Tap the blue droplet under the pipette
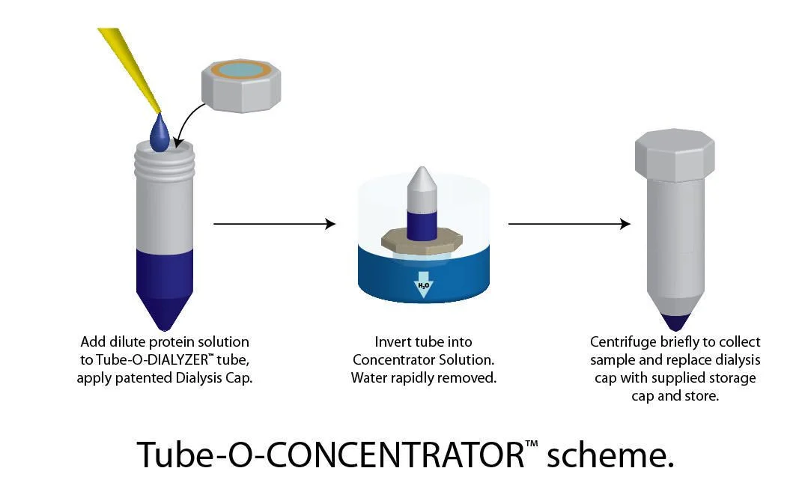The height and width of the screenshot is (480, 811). click(x=160, y=133)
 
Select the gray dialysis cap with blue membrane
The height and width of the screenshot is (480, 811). click(x=241, y=85)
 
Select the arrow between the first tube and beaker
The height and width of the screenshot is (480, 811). click(x=275, y=223)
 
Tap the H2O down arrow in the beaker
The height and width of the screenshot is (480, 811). click(x=424, y=285)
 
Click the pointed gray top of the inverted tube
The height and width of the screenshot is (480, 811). click(x=422, y=181)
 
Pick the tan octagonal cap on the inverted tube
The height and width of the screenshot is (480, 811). click(x=422, y=241)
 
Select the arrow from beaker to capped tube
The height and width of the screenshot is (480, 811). click(x=569, y=223)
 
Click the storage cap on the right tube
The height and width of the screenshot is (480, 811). click(x=675, y=154)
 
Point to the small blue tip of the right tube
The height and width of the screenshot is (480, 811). click(x=675, y=322)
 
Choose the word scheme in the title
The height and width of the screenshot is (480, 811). click(x=610, y=456)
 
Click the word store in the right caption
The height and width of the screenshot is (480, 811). click(x=702, y=396)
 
